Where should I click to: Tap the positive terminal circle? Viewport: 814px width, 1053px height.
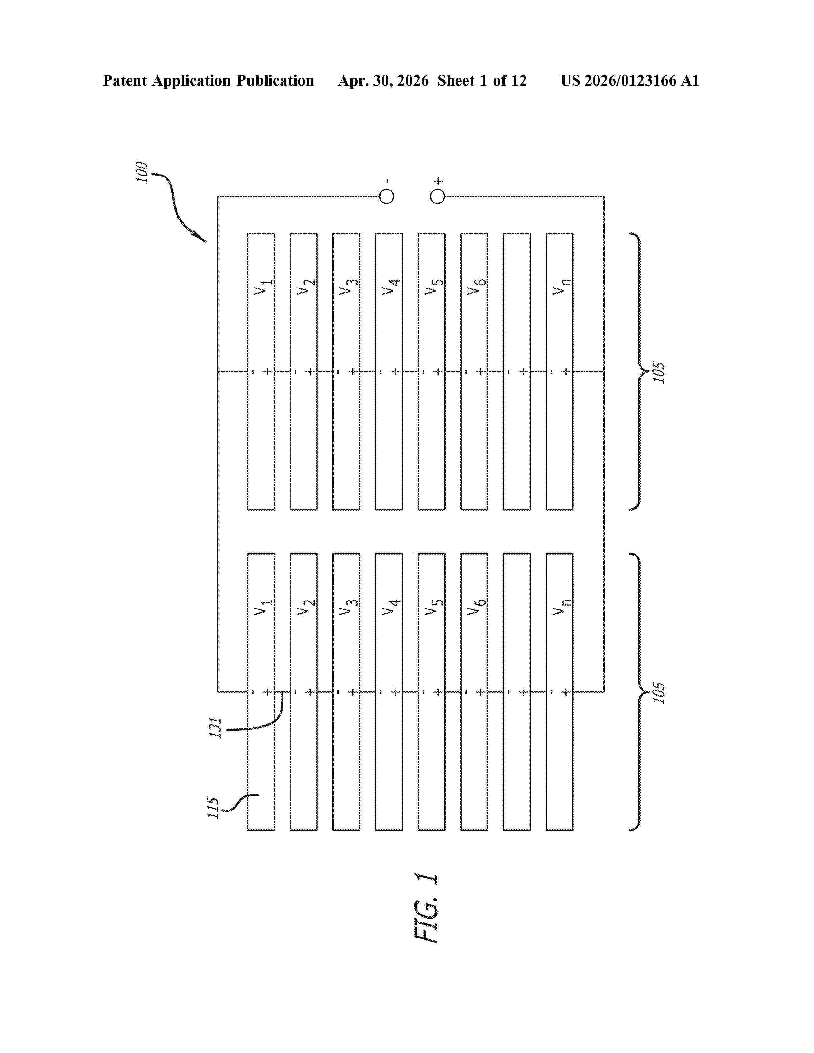[x=437, y=196]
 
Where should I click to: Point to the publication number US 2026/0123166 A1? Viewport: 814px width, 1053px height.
[x=630, y=80]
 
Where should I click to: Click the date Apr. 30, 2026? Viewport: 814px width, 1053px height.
[x=383, y=80]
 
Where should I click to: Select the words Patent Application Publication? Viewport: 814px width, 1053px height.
[x=208, y=80]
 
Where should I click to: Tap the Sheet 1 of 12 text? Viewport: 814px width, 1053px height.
[x=482, y=80]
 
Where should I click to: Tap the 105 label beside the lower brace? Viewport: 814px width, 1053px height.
[x=659, y=693]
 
